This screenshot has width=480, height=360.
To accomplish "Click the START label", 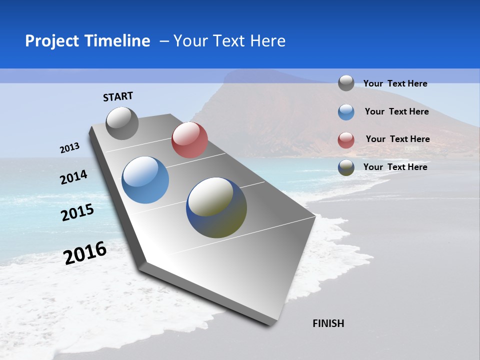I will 118,96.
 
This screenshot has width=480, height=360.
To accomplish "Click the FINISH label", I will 328,323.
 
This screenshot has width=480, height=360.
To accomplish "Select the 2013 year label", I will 69,148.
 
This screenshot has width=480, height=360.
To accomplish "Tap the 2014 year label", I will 73,177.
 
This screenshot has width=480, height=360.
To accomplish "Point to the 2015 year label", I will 77,212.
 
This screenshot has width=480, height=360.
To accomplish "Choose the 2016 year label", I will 85,253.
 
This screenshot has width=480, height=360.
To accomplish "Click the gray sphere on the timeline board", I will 122,123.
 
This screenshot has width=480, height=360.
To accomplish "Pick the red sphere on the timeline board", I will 189,140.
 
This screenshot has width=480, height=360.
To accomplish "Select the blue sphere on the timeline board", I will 145,180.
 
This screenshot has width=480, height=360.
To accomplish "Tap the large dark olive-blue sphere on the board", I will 216,207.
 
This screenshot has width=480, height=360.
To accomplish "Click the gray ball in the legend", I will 346,83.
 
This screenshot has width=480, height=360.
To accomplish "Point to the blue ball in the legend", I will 346,112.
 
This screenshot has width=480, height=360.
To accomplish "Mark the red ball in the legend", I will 346,140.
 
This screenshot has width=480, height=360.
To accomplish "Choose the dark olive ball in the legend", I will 346,167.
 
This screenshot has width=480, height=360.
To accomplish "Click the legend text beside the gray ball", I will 395,83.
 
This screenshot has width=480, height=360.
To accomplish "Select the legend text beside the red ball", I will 397,139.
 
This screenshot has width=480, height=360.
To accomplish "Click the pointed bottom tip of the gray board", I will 272,322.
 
